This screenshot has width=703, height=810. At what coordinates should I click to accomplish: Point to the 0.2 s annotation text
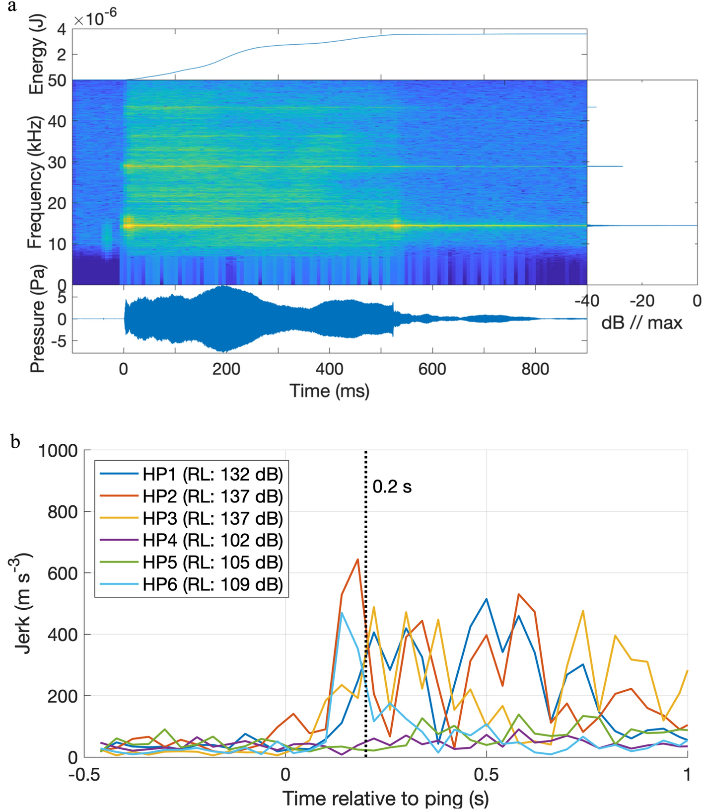392,486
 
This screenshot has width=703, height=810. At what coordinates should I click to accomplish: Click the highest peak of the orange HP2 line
357,560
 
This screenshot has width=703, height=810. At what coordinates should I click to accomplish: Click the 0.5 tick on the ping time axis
486,774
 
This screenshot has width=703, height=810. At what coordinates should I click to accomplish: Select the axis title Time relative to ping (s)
385,798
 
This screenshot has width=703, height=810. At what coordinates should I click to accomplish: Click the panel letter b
15,441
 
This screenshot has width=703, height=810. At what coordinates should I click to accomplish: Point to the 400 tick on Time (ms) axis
329,369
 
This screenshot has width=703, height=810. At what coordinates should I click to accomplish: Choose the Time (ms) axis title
330,391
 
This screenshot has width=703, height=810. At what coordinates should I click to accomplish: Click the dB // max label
641,323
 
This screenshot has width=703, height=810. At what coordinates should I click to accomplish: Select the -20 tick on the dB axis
641,301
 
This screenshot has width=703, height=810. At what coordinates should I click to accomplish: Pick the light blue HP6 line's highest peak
342,613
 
